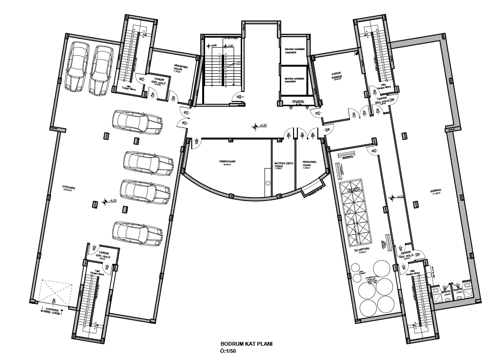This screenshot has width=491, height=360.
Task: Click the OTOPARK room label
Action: (x=69, y=188)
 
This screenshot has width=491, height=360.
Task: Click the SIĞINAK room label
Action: (x=436, y=191)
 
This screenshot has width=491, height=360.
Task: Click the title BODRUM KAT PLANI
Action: (x=246, y=344)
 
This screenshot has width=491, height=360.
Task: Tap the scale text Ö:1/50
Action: (x=228, y=351)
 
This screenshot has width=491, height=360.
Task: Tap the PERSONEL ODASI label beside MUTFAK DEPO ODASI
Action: (x=310, y=165)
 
